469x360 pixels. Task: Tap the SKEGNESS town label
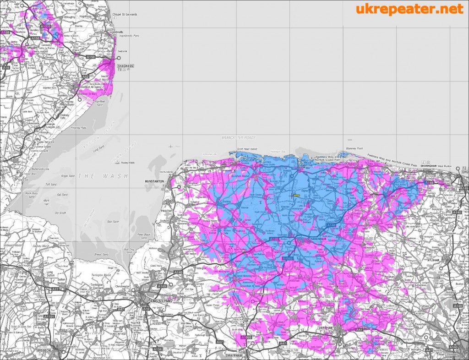point(126,66)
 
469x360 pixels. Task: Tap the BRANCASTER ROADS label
point(238,137)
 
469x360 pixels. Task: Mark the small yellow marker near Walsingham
point(296,195)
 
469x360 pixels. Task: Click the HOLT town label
point(393,198)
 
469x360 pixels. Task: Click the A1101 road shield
point(49,316)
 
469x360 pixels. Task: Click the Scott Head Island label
point(247,149)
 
